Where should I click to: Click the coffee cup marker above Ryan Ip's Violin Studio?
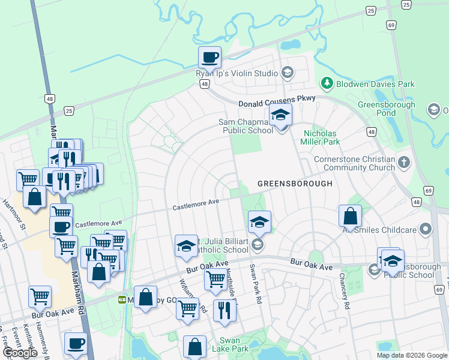(x=209, y=58)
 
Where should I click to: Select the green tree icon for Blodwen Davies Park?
(x=327, y=83)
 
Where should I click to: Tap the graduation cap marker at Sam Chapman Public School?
(x=280, y=115)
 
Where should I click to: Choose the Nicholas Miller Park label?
(x=322, y=137)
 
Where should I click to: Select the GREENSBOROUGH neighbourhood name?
(x=295, y=183)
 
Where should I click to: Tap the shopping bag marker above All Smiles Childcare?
(x=350, y=216)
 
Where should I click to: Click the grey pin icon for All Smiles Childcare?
(x=426, y=229)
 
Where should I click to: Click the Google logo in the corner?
(x=19, y=353)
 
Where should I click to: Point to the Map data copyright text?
(x=412, y=355)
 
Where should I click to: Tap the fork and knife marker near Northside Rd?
(x=224, y=310)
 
